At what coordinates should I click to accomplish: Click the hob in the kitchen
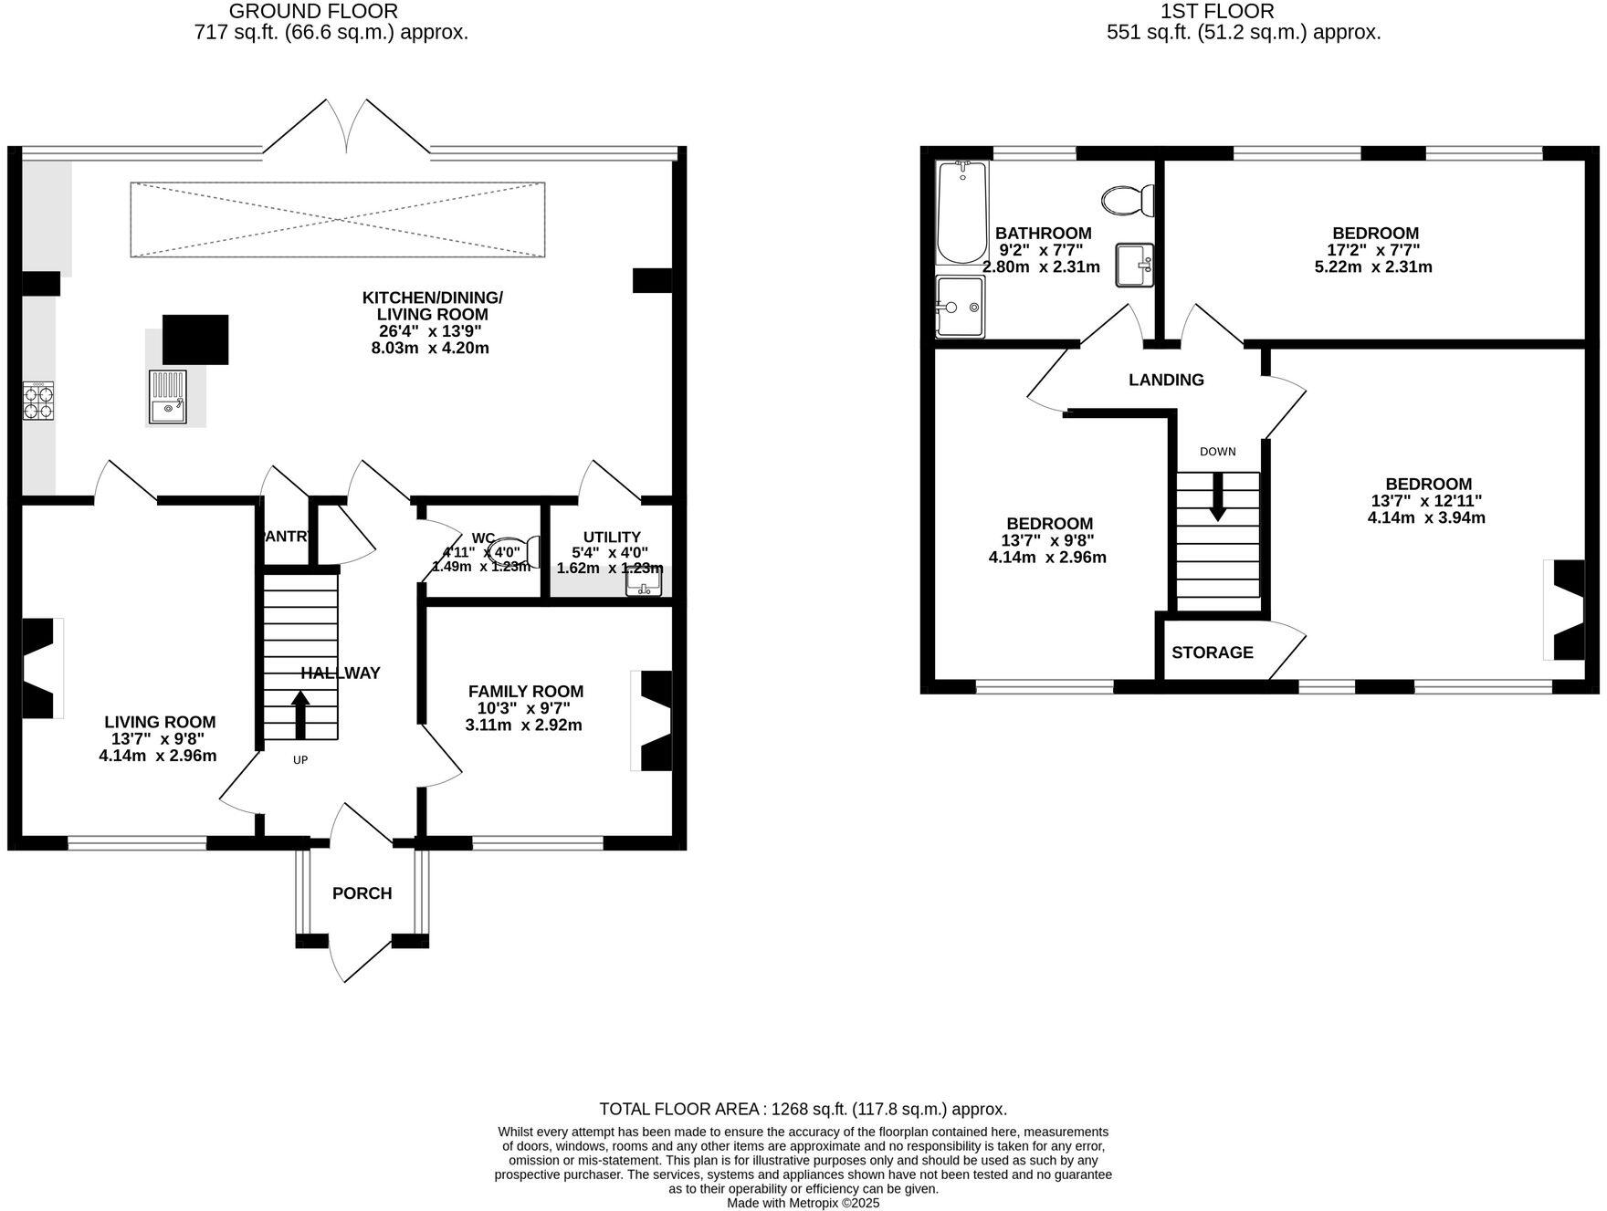pyautogui.click(x=38, y=401)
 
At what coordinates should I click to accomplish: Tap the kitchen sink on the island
pyautogui.click(x=167, y=397)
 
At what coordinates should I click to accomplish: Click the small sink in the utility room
pyautogui.click(x=643, y=583)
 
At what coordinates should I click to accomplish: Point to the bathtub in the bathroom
pyautogui.click(x=961, y=212)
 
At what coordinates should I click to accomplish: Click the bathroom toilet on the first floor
pyautogui.click(x=1129, y=200)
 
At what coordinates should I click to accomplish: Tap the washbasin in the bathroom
pyautogui.click(x=1135, y=266)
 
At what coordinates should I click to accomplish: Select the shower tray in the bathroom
pyautogui.click(x=960, y=307)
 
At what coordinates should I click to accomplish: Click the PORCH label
pyautogui.click(x=362, y=893)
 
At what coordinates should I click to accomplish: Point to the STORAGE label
pyautogui.click(x=1212, y=652)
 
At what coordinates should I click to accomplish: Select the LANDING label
pyautogui.click(x=1166, y=380)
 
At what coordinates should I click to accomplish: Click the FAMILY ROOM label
pyautogui.click(x=525, y=692)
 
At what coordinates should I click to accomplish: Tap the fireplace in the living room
pyautogui.click(x=39, y=668)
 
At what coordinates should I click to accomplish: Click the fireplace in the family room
pyautogui.click(x=655, y=721)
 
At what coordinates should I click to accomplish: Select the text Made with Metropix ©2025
pyautogui.click(x=803, y=1203)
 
